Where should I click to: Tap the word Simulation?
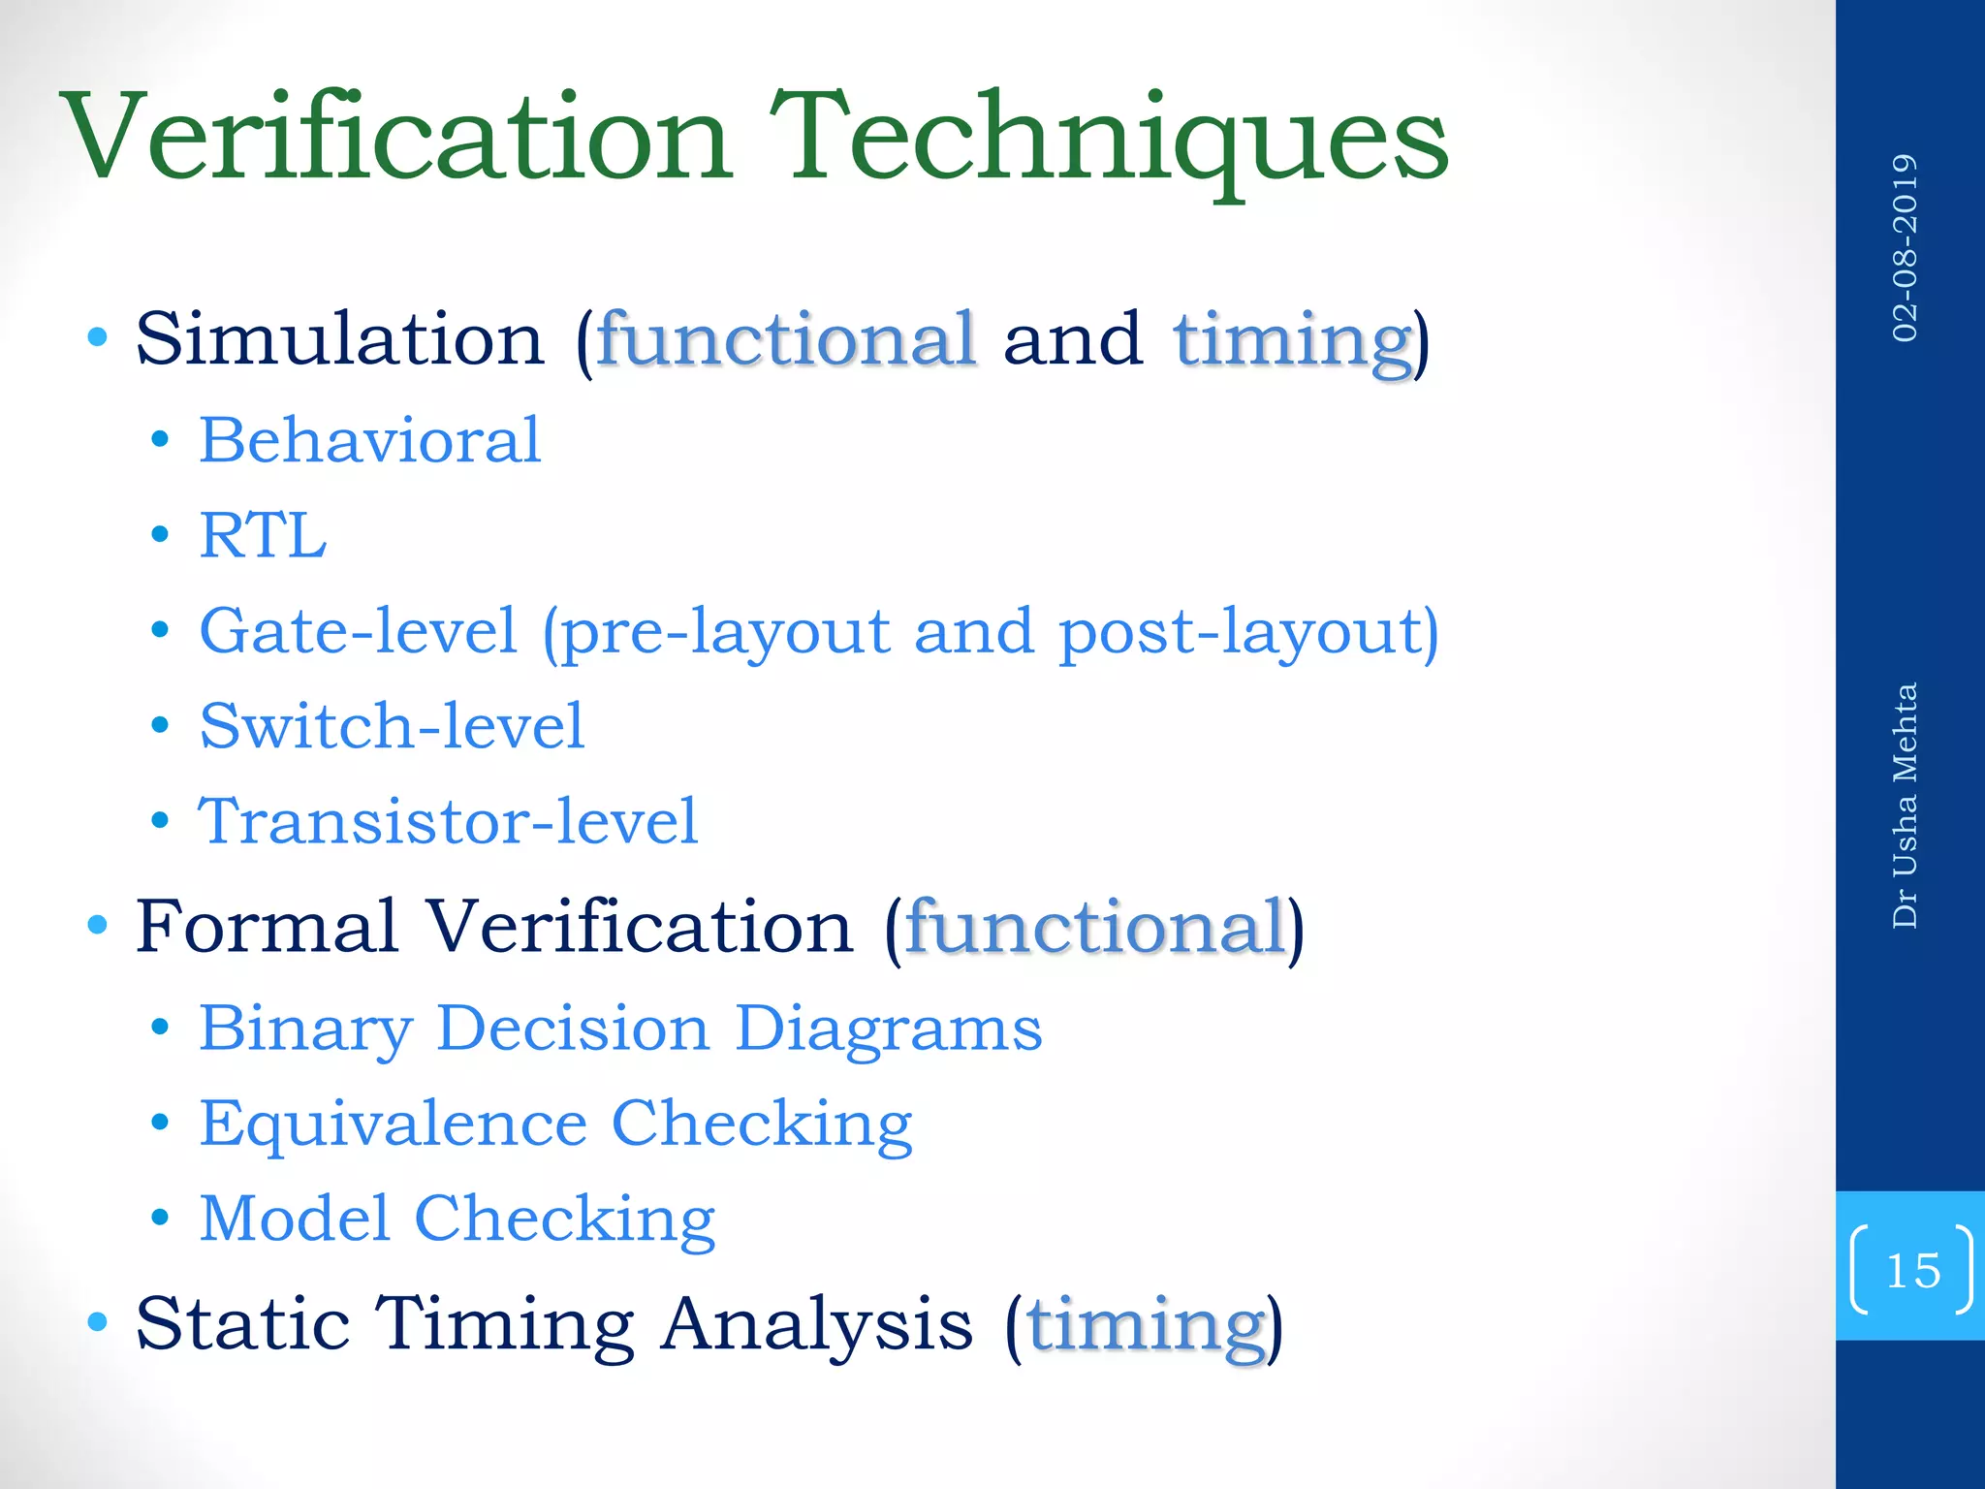pyautogui.click(x=340, y=340)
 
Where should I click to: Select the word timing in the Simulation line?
pyautogui.click(x=1292, y=342)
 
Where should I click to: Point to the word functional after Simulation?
pyautogui.click(x=786, y=340)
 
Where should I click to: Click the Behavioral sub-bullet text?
pyautogui.click(x=369, y=441)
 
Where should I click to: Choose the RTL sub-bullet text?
pyautogui.click(x=263, y=536)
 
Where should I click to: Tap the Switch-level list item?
pyautogui.click(x=392, y=726)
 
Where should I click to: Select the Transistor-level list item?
pyautogui.click(x=448, y=822)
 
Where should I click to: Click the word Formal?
pyautogui.click(x=267, y=928)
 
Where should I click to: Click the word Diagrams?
pyautogui.click(x=888, y=1029)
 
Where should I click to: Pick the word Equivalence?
pyautogui.click(x=394, y=1124)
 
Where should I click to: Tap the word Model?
pyautogui.click(x=294, y=1219)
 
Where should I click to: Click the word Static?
pyautogui.click(x=242, y=1324)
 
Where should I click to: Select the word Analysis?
pyautogui.click(x=817, y=1324)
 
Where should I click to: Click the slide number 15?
pyautogui.click(x=1912, y=1271)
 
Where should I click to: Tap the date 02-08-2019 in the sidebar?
pyautogui.click(x=1905, y=248)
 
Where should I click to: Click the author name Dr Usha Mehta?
pyautogui.click(x=1905, y=806)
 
